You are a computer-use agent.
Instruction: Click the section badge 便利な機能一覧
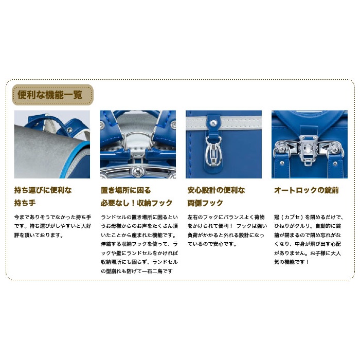[x=52, y=95]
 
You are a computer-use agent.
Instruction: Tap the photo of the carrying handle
[x=52, y=144]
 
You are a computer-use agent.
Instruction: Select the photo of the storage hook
[x=138, y=144]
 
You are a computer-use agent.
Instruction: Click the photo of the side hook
[x=224, y=144]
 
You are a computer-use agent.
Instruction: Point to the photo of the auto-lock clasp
[x=310, y=144]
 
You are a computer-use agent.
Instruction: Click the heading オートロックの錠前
[x=307, y=190]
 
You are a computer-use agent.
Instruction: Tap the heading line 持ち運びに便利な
[x=43, y=190]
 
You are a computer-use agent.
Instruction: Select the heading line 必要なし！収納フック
[x=137, y=203]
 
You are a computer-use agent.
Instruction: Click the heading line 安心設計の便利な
[x=217, y=190]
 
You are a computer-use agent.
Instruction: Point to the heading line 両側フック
[x=205, y=203]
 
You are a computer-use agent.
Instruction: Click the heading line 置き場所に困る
[x=126, y=190]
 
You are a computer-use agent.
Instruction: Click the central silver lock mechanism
[x=307, y=149]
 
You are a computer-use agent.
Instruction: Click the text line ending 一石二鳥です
[x=137, y=271]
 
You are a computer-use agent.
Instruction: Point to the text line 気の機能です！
[x=292, y=262]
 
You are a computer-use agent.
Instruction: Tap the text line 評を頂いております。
[x=39, y=235]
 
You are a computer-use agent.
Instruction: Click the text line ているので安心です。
[x=212, y=244]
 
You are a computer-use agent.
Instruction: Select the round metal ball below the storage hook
[x=138, y=171]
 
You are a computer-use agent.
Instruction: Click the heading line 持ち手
[x=25, y=203]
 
